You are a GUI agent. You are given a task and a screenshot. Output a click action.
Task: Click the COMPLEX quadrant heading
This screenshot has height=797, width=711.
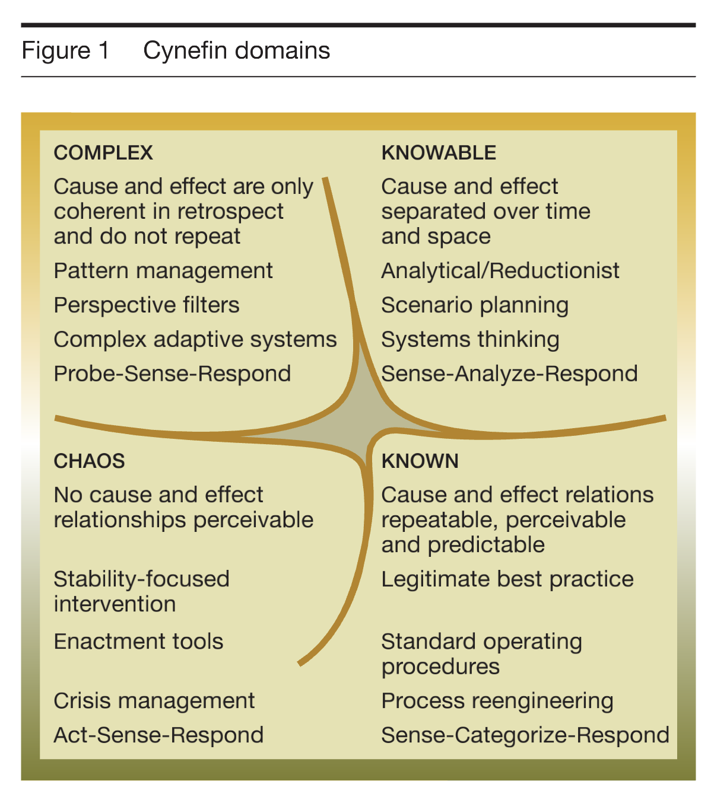coord(103,152)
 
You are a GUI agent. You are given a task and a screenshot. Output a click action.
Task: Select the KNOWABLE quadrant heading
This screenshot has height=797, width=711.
coord(439,152)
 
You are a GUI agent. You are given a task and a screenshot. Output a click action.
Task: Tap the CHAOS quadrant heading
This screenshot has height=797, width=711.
coord(90,461)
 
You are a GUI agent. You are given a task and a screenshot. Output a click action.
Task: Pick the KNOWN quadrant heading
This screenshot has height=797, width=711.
coord(420,461)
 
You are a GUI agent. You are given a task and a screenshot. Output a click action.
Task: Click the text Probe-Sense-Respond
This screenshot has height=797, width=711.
coord(173,374)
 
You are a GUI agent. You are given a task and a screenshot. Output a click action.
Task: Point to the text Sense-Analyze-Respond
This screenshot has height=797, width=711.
coord(509,374)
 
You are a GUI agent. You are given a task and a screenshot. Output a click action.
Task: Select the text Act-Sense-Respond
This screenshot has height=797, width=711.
coord(158,735)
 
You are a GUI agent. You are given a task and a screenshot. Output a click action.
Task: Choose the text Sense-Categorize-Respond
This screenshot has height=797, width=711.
coord(525,735)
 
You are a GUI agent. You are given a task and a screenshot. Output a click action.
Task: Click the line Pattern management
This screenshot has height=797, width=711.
coord(163,271)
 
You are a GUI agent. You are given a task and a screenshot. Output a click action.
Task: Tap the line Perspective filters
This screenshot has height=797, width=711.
coord(147,305)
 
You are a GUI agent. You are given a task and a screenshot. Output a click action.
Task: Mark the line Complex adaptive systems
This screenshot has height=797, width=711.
coord(195,340)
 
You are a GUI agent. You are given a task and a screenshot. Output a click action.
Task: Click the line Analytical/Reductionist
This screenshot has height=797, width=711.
coord(500,271)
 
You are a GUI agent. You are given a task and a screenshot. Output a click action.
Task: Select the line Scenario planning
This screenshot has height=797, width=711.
coord(475,305)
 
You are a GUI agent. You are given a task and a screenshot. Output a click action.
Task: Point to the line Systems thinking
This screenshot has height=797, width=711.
coord(471,340)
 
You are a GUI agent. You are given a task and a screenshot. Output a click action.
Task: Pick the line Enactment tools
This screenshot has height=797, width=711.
coord(138,641)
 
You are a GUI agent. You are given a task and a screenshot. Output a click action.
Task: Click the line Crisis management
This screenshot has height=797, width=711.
coord(154,701)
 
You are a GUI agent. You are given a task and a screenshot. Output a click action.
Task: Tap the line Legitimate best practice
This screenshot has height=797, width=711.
coord(507,579)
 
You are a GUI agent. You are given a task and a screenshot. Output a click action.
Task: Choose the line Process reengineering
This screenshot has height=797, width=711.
coord(497,702)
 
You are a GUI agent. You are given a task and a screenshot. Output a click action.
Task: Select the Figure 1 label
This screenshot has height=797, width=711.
coord(65,50)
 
